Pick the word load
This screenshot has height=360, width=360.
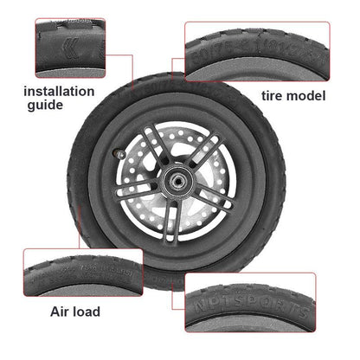(x=85, y=311)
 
